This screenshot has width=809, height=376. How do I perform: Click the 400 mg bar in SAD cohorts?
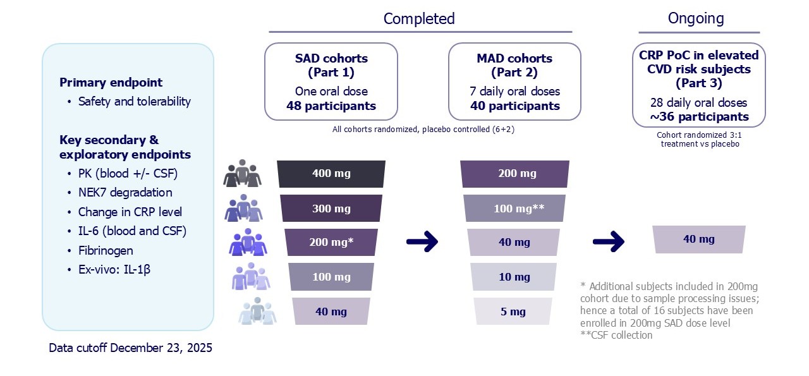[331, 174]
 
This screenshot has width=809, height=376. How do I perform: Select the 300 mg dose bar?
[331, 209]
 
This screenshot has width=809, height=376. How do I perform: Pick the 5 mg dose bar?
[513, 312]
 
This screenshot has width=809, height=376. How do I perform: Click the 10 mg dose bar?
[513, 277]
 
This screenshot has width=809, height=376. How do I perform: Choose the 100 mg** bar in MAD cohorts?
[514, 209]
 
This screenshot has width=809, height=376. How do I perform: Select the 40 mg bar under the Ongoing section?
[698, 240]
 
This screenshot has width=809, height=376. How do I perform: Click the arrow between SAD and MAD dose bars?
[422, 241]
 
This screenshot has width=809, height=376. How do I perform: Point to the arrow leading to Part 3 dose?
[609, 241]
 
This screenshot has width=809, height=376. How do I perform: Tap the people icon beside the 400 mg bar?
[242, 173]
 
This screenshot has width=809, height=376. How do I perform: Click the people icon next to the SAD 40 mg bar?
[257, 311]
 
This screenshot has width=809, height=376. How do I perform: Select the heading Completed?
[419, 18]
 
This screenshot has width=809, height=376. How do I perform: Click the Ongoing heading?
[696, 18]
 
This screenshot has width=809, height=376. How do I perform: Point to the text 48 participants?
[331, 106]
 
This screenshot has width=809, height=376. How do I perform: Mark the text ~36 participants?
[698, 117]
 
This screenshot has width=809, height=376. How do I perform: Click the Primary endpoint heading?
[111, 82]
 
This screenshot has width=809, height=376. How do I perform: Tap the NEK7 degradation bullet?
[125, 193]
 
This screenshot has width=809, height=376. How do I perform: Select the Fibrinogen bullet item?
[106, 250]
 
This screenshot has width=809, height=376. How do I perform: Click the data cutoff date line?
[130, 348]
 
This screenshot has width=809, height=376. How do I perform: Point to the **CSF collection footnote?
[616, 335]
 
